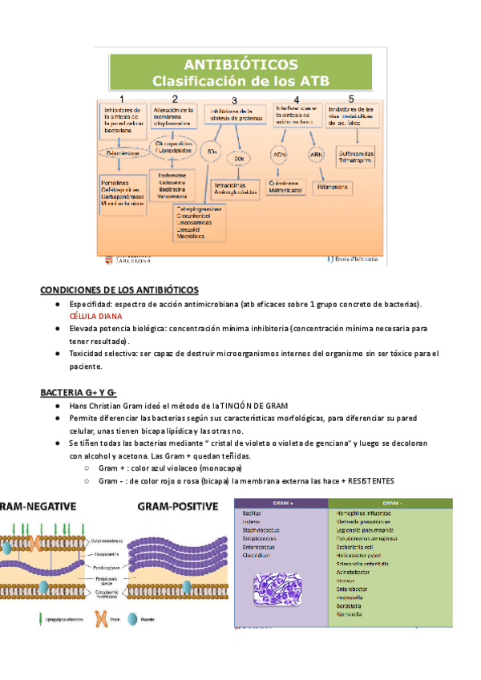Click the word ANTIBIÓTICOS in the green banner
[240, 64]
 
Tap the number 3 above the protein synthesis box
[234, 100]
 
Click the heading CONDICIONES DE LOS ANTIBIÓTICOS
[119, 289]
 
